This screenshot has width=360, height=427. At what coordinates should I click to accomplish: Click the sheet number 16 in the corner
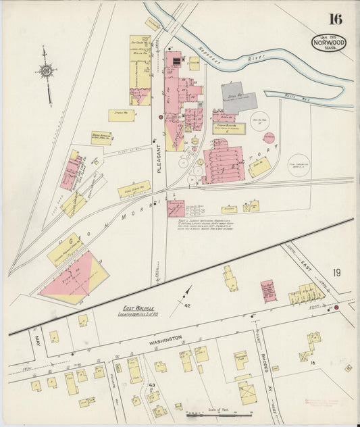[x=336, y=18]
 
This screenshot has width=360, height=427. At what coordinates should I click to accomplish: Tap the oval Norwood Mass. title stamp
[x=328, y=43]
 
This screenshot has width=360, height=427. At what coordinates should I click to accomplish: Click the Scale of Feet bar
[x=220, y=408]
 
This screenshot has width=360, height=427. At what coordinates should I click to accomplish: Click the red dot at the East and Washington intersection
[x=336, y=308]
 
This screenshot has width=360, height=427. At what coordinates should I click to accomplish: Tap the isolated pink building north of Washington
[x=268, y=291]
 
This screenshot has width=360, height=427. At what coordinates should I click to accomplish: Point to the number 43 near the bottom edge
[x=152, y=386]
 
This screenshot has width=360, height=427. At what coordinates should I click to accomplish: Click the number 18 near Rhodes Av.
[x=313, y=363]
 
